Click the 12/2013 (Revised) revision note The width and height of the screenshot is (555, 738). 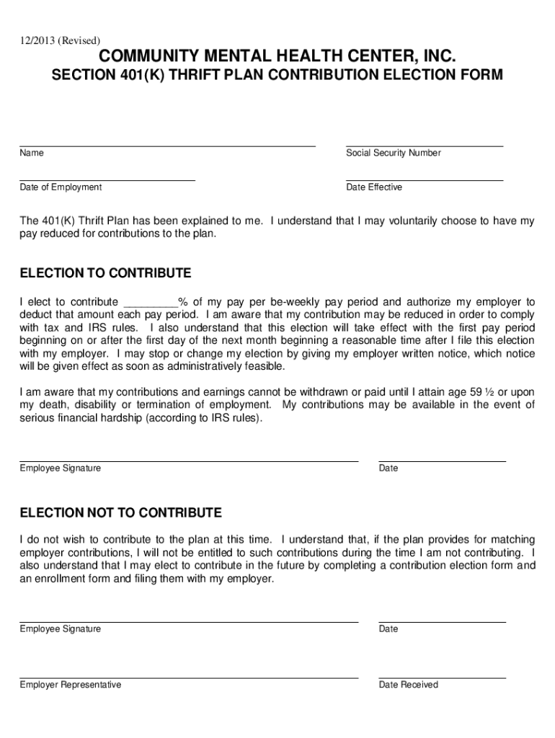tap(60, 40)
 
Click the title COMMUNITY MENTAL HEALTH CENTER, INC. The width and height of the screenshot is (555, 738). tap(277, 57)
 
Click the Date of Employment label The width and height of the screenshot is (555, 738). tap(61, 187)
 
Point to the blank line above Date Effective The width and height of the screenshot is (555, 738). tap(424, 179)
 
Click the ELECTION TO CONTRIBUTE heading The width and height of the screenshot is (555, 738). tap(105, 273)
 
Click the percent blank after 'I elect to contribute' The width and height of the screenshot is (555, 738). tap(151, 303)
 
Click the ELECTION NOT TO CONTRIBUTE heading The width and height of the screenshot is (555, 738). tap(120, 513)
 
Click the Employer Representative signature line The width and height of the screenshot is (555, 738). tap(189, 677)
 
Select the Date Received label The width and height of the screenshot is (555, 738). tap(408, 685)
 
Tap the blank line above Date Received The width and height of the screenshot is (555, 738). tap(442, 677)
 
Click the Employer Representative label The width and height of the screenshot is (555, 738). tap(71, 685)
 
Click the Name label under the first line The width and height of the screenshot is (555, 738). tap(32, 153)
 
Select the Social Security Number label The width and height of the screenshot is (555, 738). tap(393, 153)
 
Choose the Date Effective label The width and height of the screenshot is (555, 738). tap(374, 187)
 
